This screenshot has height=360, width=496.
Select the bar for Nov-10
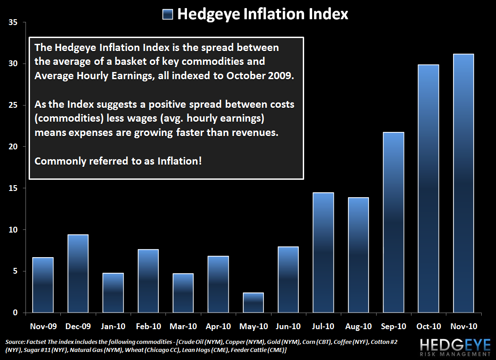[463, 183]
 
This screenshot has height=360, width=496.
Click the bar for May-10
[254, 302]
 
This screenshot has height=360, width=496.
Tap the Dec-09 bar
[78, 273]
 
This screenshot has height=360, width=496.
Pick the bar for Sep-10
[394, 222]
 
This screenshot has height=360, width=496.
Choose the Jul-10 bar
[323, 252]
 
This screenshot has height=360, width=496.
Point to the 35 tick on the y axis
[13, 22]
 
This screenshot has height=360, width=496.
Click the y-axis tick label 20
[13, 147]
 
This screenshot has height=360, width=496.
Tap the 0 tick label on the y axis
[15, 313]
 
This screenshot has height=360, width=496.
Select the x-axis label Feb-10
[148, 326]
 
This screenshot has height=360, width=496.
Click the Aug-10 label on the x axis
[358, 326]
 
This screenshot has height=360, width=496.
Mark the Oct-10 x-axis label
[428, 326]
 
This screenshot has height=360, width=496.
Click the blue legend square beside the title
[168, 15]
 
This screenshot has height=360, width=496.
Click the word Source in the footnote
[15, 342]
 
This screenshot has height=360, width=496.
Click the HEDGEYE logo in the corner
[455, 344]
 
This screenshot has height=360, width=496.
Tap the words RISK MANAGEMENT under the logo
[455, 354]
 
